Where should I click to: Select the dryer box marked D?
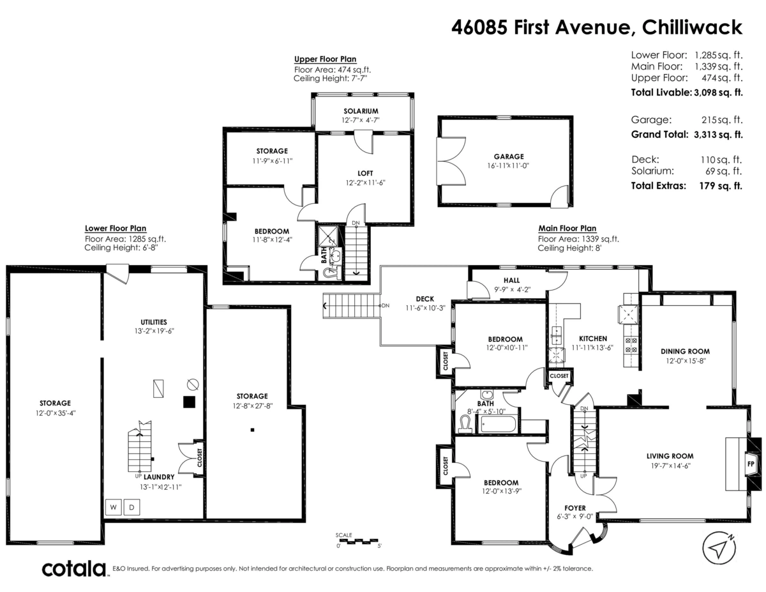pos(132,508)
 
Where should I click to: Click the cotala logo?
pos(74,568)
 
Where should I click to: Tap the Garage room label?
pos(508,156)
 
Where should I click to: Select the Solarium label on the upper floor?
pos(361,111)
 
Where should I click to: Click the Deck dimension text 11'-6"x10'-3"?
pos(424,307)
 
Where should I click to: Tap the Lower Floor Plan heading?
pos(116,228)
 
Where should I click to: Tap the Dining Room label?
pos(685,351)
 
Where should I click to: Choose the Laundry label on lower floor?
pos(159,477)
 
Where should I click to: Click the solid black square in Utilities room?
pos(189,402)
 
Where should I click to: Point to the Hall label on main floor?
pos(511,280)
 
